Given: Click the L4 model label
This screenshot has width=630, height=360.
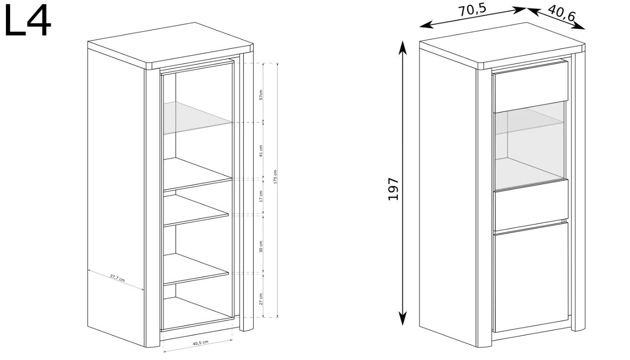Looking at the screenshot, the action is [28, 21].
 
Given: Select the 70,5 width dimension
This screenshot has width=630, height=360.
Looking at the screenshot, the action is [472, 10].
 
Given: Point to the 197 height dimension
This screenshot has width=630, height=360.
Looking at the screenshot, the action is [393, 189].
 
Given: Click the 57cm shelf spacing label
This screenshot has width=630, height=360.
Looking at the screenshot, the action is [261, 95].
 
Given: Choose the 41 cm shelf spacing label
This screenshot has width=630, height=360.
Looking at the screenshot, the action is [261, 151].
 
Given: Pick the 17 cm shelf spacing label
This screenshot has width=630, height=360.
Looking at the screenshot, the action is [261, 196].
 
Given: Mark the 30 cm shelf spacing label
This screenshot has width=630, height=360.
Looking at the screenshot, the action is [261, 247].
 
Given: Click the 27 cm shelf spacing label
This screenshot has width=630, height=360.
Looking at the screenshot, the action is [261, 299].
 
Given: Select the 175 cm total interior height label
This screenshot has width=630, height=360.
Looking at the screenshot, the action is [275, 177].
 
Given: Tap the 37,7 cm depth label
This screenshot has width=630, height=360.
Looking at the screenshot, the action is [117, 278].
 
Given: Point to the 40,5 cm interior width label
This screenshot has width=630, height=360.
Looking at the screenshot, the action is [200, 343].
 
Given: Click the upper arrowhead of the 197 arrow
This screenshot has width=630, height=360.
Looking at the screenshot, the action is [403, 47].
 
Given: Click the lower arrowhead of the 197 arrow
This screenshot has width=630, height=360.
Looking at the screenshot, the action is [403, 319].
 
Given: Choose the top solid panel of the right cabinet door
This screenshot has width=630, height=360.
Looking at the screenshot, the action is [531, 87].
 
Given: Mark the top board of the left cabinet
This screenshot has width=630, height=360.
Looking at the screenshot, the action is [171, 45].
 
